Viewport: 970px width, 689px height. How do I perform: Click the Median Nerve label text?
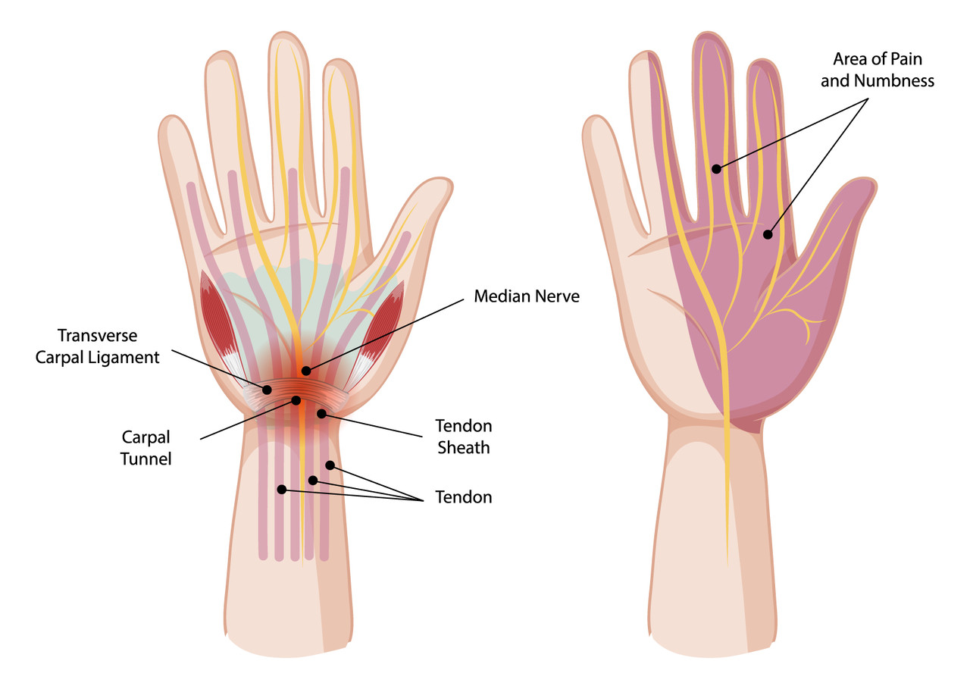[527, 296]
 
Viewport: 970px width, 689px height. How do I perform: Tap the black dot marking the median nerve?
[306, 371]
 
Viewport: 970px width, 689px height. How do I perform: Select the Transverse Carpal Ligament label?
[98, 346]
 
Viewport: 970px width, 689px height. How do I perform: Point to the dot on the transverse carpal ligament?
[268, 390]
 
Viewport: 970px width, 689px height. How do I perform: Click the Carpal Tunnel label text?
[146, 448]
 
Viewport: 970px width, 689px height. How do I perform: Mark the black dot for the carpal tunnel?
[296, 400]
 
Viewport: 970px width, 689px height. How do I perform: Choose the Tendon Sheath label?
[463, 437]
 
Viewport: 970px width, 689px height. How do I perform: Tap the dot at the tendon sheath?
[321, 414]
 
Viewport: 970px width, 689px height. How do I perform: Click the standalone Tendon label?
[463, 497]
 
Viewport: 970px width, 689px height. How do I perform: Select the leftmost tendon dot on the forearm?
[282, 490]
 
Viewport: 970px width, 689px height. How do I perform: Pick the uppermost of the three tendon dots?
[330, 465]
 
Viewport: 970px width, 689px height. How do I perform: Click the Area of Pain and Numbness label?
[878, 70]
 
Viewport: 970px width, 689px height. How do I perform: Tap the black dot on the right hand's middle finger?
[717, 169]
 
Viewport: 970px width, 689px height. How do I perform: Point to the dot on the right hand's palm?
[768, 234]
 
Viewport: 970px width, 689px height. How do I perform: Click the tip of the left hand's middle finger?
[284, 33]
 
